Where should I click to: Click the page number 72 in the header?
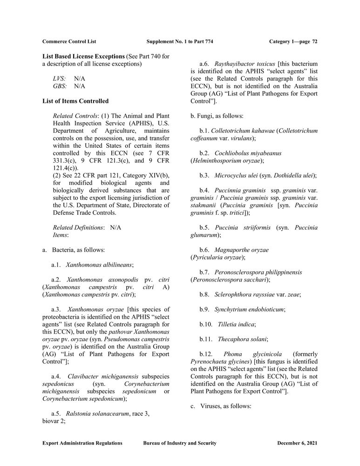coord(315,41)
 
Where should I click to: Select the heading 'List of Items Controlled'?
coord(75,101)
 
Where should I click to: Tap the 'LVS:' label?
coord(59,79)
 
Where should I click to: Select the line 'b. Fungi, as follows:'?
coord(217,116)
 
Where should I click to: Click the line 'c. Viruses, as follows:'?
coord(221,406)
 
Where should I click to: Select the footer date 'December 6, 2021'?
coord(297,443)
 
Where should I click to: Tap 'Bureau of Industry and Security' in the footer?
coord(180,443)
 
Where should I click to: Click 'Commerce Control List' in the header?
coord(69,41)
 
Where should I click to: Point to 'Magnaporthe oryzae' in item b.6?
coord(241,250)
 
